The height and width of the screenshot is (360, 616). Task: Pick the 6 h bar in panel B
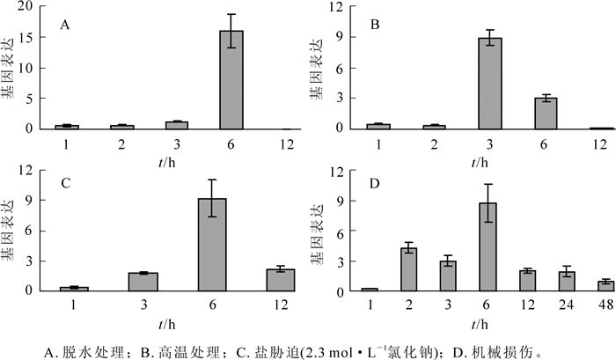click(546, 113)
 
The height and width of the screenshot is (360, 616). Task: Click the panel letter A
click(64, 26)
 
